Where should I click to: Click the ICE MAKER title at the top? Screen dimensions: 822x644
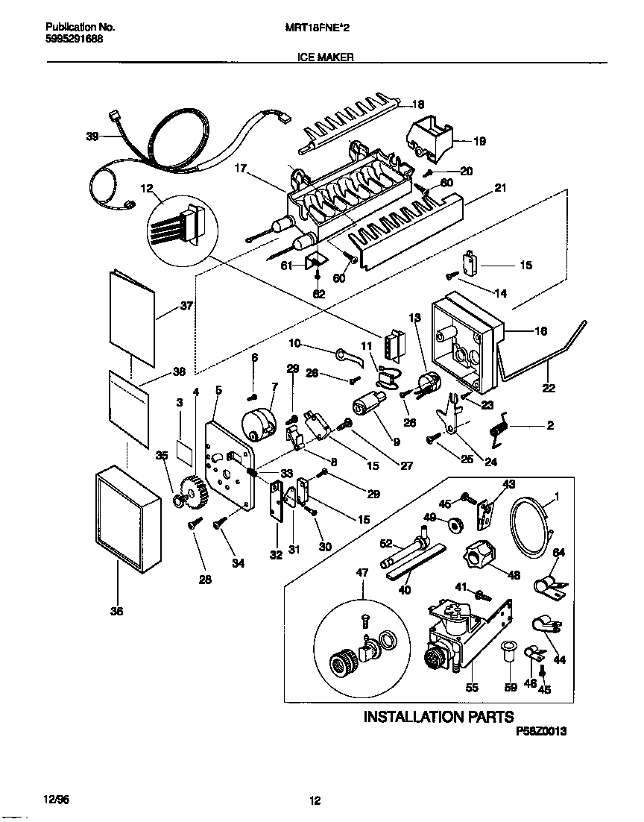(321, 56)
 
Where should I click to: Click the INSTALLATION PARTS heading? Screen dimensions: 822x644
(438, 717)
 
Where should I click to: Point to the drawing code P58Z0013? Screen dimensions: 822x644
(541, 732)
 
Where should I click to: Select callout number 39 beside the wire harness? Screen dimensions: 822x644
(92, 136)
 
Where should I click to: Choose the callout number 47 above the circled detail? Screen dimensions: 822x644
(362, 572)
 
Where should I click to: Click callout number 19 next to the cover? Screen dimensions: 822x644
(479, 139)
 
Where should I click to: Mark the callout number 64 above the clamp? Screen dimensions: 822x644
(558, 552)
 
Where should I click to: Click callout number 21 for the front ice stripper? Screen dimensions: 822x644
(500, 189)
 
